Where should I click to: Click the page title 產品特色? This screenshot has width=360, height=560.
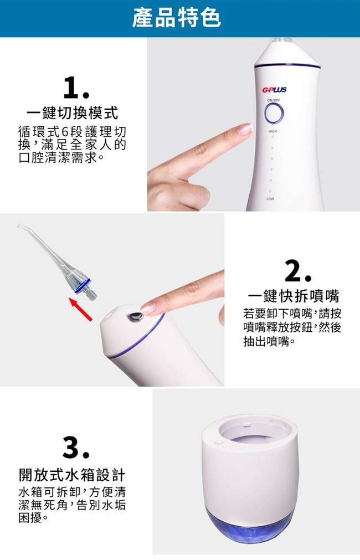pyautogui.click(x=177, y=18)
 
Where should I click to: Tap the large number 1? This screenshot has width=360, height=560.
pyautogui.click(x=76, y=88)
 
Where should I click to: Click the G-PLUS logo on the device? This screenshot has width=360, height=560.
pyautogui.click(x=274, y=90)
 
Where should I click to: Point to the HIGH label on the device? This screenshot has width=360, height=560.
pyautogui.click(x=272, y=131)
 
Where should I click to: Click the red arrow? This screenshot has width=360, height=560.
pyautogui.click(x=80, y=309)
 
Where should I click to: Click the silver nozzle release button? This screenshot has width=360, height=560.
pyautogui.click(x=135, y=317)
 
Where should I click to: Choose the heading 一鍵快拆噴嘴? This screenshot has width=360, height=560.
pyautogui.click(x=294, y=296)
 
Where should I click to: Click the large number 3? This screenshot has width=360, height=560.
pyautogui.click(x=76, y=448)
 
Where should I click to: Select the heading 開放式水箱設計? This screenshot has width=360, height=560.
pyautogui.click(x=72, y=475)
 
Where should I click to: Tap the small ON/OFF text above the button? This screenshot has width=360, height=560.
pyautogui.click(x=273, y=100)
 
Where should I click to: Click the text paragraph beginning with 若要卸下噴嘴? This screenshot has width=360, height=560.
pyautogui.click(x=292, y=327)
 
